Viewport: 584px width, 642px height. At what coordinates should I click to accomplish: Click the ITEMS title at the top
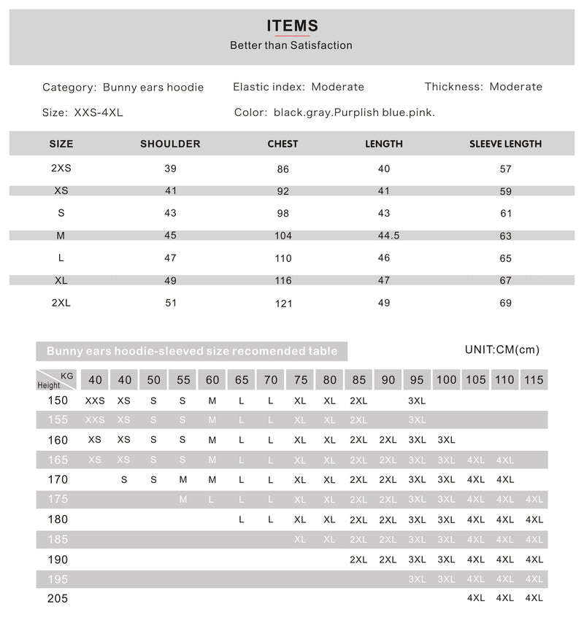292,26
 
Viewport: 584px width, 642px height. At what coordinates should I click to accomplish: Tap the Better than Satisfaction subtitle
291,45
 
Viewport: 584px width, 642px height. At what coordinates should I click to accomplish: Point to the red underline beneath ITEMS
292,36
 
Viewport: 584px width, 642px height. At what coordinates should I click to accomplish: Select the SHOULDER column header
170,144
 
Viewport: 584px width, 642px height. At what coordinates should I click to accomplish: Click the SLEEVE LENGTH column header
505,144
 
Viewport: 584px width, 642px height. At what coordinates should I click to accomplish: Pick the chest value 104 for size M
283,236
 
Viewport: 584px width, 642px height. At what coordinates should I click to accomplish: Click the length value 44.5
388,236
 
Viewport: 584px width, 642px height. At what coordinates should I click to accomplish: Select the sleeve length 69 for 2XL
505,303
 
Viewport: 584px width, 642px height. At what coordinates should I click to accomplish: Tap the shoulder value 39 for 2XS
171,169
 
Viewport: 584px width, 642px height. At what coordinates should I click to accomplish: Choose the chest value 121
283,303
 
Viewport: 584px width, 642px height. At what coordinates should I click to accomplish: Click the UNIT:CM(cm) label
502,349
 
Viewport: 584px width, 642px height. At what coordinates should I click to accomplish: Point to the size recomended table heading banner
192,351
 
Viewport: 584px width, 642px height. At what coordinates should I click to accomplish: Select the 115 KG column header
534,379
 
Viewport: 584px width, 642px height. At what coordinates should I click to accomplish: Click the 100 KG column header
446,379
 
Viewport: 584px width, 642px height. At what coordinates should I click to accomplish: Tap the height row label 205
58,598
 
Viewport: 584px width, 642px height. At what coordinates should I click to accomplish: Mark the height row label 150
58,400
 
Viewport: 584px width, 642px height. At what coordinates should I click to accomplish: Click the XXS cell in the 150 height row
95,401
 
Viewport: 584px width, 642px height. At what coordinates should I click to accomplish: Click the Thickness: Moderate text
483,87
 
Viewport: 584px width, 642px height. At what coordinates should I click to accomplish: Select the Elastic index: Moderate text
299,87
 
